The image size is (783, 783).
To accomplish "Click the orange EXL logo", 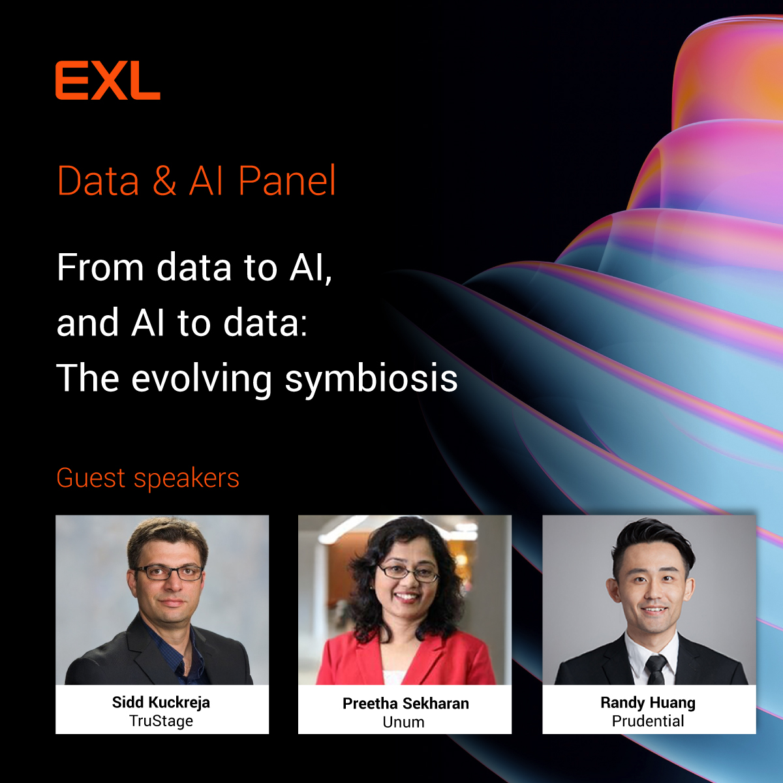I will pyautogui.click(x=108, y=81).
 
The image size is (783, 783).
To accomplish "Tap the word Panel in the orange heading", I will pyautogui.click(x=287, y=181).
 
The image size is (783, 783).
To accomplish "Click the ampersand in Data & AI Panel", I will pyautogui.click(x=164, y=181).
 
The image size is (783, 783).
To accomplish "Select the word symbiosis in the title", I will pyautogui.click(x=371, y=379).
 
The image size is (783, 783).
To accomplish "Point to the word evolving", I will pyautogui.click(x=202, y=379).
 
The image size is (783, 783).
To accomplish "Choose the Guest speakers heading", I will pyautogui.click(x=148, y=478).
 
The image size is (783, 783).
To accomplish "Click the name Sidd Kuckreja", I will pyautogui.click(x=161, y=703).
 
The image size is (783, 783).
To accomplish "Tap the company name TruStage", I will pyautogui.click(x=161, y=721).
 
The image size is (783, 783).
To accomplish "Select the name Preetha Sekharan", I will pyautogui.click(x=405, y=703).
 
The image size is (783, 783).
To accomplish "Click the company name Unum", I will pyautogui.click(x=403, y=722).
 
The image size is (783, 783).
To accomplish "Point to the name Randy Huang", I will pyautogui.click(x=648, y=703).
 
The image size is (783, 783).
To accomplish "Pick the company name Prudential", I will pyautogui.click(x=648, y=721).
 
